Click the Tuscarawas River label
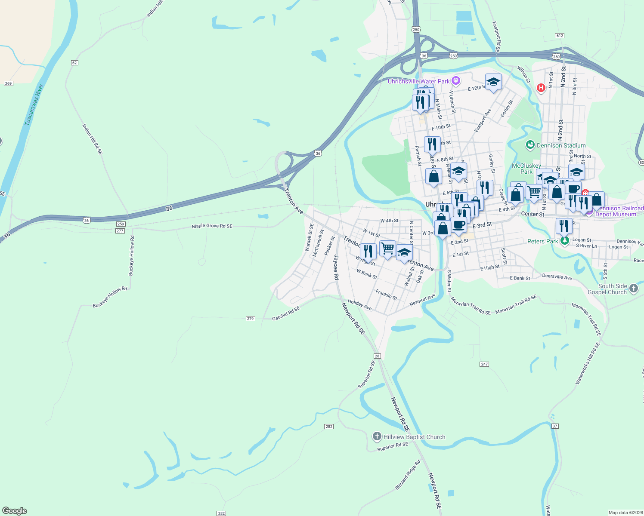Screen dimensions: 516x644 tap(34, 105)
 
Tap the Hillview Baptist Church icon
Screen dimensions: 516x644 tap(377, 437)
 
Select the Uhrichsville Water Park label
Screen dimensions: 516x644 tap(418, 81)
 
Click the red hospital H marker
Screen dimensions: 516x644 tap(541, 88)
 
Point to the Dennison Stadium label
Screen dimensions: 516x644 tap(561, 145)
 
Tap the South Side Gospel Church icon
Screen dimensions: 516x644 tap(633, 288)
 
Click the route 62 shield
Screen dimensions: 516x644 tap(74, 63)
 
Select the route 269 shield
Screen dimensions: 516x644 tap(9, 83)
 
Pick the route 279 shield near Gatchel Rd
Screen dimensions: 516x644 tap(251, 319)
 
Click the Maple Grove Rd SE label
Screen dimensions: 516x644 tap(212, 226)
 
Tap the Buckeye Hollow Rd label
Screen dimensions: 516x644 tap(110, 297)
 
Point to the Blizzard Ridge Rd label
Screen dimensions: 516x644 tap(407, 475)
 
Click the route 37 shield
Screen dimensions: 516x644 tap(555, 426)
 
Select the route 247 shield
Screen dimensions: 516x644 tap(484, 364)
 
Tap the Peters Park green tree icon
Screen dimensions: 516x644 tap(564, 241)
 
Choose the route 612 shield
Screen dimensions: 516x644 tap(560, 36)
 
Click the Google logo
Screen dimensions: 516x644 tap(15, 511)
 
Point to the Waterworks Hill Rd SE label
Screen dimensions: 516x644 tap(588, 363)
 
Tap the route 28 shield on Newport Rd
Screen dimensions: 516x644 tap(377, 356)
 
